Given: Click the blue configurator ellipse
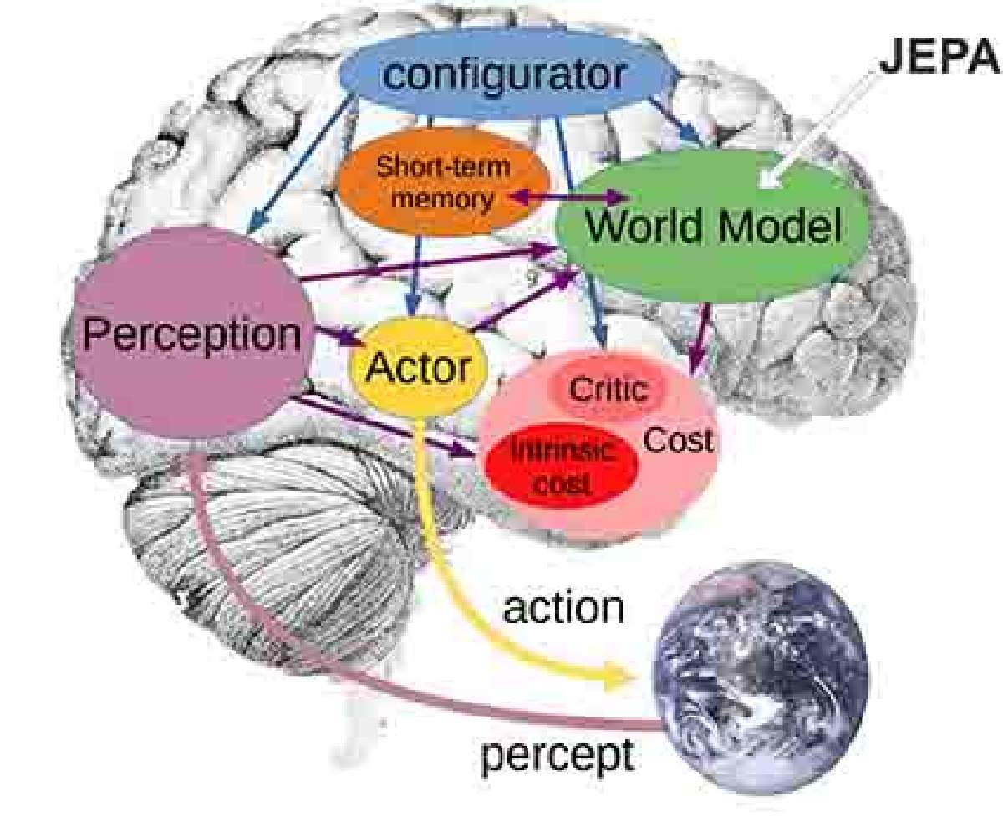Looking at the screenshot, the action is point(508,74).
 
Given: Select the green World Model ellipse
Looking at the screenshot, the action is point(712,225).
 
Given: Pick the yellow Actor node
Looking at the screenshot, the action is point(418,367).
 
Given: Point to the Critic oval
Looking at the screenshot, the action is point(608,389).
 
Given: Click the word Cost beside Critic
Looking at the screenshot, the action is point(678,441).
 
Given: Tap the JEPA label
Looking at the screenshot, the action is point(940,58).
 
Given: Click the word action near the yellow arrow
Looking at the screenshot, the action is point(563,608).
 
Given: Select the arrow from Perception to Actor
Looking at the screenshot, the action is point(339,335).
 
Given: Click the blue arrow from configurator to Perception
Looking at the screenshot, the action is point(302,163).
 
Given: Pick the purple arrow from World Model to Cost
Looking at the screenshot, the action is point(699,340).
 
